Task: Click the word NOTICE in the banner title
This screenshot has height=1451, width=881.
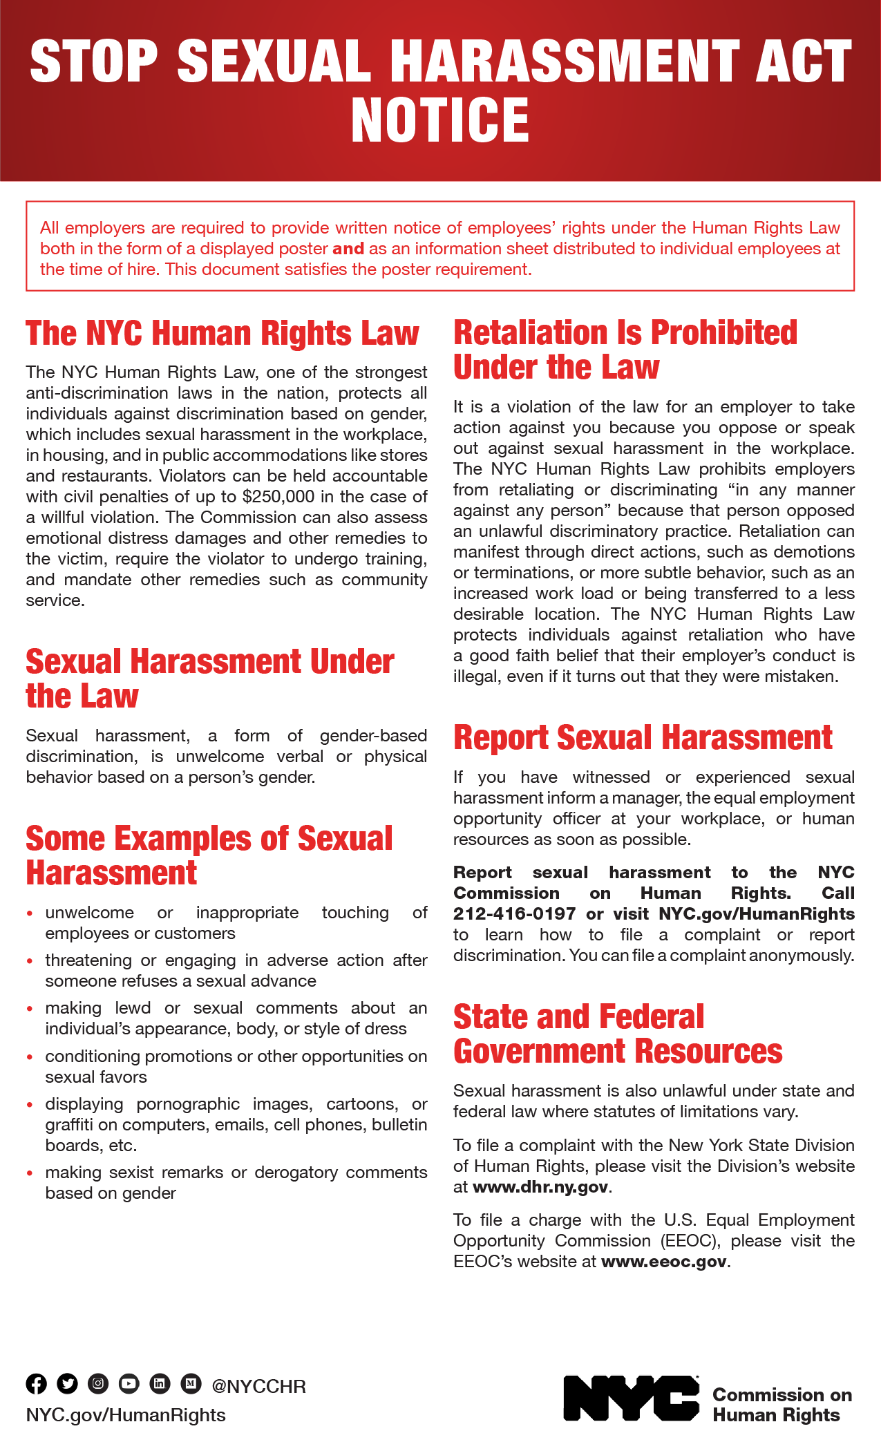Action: point(440,120)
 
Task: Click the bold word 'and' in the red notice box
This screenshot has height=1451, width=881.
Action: point(348,249)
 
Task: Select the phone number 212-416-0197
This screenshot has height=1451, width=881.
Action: point(514,914)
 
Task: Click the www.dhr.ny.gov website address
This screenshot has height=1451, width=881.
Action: point(540,1187)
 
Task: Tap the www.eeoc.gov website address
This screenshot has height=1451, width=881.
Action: point(664,1262)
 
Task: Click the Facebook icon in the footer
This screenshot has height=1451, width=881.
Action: point(37,1383)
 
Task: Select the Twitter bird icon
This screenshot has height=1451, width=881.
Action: point(68,1383)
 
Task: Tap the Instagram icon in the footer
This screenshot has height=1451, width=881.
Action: point(98,1383)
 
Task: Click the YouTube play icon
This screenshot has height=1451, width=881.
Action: point(129,1383)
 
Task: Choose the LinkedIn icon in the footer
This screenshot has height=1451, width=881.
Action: point(160,1383)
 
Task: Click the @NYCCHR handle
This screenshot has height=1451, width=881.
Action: point(258,1387)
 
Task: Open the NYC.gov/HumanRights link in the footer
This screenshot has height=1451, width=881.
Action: point(126,1415)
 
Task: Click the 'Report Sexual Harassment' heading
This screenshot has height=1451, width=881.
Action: point(643,737)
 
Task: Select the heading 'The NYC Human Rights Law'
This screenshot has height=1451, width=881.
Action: point(222,333)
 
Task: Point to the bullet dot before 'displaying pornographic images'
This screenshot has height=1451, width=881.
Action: point(30,1105)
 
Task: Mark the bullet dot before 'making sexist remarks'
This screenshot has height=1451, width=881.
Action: point(30,1173)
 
